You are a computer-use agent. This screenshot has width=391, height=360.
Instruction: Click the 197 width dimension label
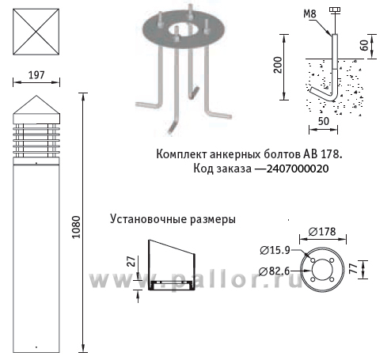(36, 75)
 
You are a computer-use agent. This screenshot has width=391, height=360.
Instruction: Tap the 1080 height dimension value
(76, 227)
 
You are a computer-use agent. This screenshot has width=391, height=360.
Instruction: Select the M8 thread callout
(309, 13)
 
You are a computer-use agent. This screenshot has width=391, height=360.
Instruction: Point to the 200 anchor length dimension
(278, 65)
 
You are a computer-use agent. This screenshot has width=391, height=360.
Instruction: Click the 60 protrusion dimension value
(364, 45)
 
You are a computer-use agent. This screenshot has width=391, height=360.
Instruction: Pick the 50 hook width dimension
(324, 121)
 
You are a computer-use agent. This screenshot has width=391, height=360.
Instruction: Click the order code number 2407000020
(298, 169)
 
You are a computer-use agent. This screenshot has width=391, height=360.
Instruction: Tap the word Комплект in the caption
(181, 154)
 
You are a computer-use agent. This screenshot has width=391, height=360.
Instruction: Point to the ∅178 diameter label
(322, 232)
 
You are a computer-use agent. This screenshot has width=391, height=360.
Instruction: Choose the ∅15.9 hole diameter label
(275, 250)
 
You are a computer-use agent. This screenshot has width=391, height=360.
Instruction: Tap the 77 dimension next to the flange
(353, 269)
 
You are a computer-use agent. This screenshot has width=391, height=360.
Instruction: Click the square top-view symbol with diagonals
(36, 32)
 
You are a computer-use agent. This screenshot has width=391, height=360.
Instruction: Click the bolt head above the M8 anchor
(335, 9)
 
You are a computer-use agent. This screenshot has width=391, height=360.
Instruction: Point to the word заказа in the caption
(234, 169)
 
